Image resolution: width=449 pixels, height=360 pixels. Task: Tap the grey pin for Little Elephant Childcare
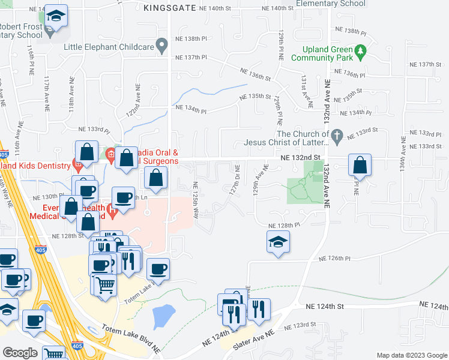click(x=161, y=45)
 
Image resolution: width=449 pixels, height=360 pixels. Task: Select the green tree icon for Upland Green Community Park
click(x=361, y=53)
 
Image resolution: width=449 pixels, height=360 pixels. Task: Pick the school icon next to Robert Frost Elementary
click(x=56, y=17)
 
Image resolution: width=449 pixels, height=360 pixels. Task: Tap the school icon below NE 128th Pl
click(x=279, y=242)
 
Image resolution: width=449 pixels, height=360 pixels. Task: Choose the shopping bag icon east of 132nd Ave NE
click(x=359, y=165)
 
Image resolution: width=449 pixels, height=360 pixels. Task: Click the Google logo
click(x=20, y=352)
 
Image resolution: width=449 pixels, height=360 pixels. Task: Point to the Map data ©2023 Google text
click(x=411, y=355)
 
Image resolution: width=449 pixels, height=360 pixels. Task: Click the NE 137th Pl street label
click(x=190, y=58)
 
